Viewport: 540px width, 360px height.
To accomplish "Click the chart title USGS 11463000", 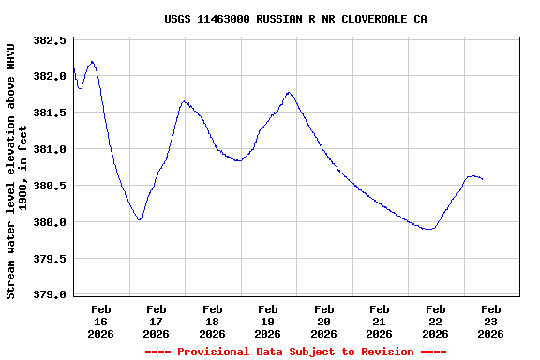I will [295, 18].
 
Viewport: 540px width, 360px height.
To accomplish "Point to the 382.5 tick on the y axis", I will [50, 40].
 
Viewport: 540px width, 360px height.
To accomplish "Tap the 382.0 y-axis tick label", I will [50, 77].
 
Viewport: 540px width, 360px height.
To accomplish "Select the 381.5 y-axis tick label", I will [50, 112].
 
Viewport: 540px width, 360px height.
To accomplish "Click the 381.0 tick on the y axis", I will [50, 149].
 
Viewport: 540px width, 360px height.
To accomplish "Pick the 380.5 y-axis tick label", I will [50, 186].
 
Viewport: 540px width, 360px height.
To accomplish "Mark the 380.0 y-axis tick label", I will [50, 222].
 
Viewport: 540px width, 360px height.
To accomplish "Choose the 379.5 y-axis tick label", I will [50, 259].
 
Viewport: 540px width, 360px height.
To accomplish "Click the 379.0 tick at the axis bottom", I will [50, 294].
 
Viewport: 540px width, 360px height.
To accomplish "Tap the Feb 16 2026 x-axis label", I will [101, 321].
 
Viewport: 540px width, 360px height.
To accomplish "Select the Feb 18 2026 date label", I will [213, 321].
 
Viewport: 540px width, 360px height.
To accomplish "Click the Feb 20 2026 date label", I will [324, 321].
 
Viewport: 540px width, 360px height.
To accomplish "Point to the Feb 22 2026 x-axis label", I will [435, 321].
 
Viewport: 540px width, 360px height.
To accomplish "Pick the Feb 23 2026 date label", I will [490, 321].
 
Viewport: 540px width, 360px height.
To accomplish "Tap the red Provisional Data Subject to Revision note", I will [295, 352].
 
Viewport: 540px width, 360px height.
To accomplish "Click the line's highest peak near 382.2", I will [91, 62].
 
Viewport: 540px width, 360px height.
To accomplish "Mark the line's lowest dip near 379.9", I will [429, 229].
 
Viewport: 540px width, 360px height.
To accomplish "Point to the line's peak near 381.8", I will [289, 93].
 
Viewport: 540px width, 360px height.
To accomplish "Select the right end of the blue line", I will [482, 179].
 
